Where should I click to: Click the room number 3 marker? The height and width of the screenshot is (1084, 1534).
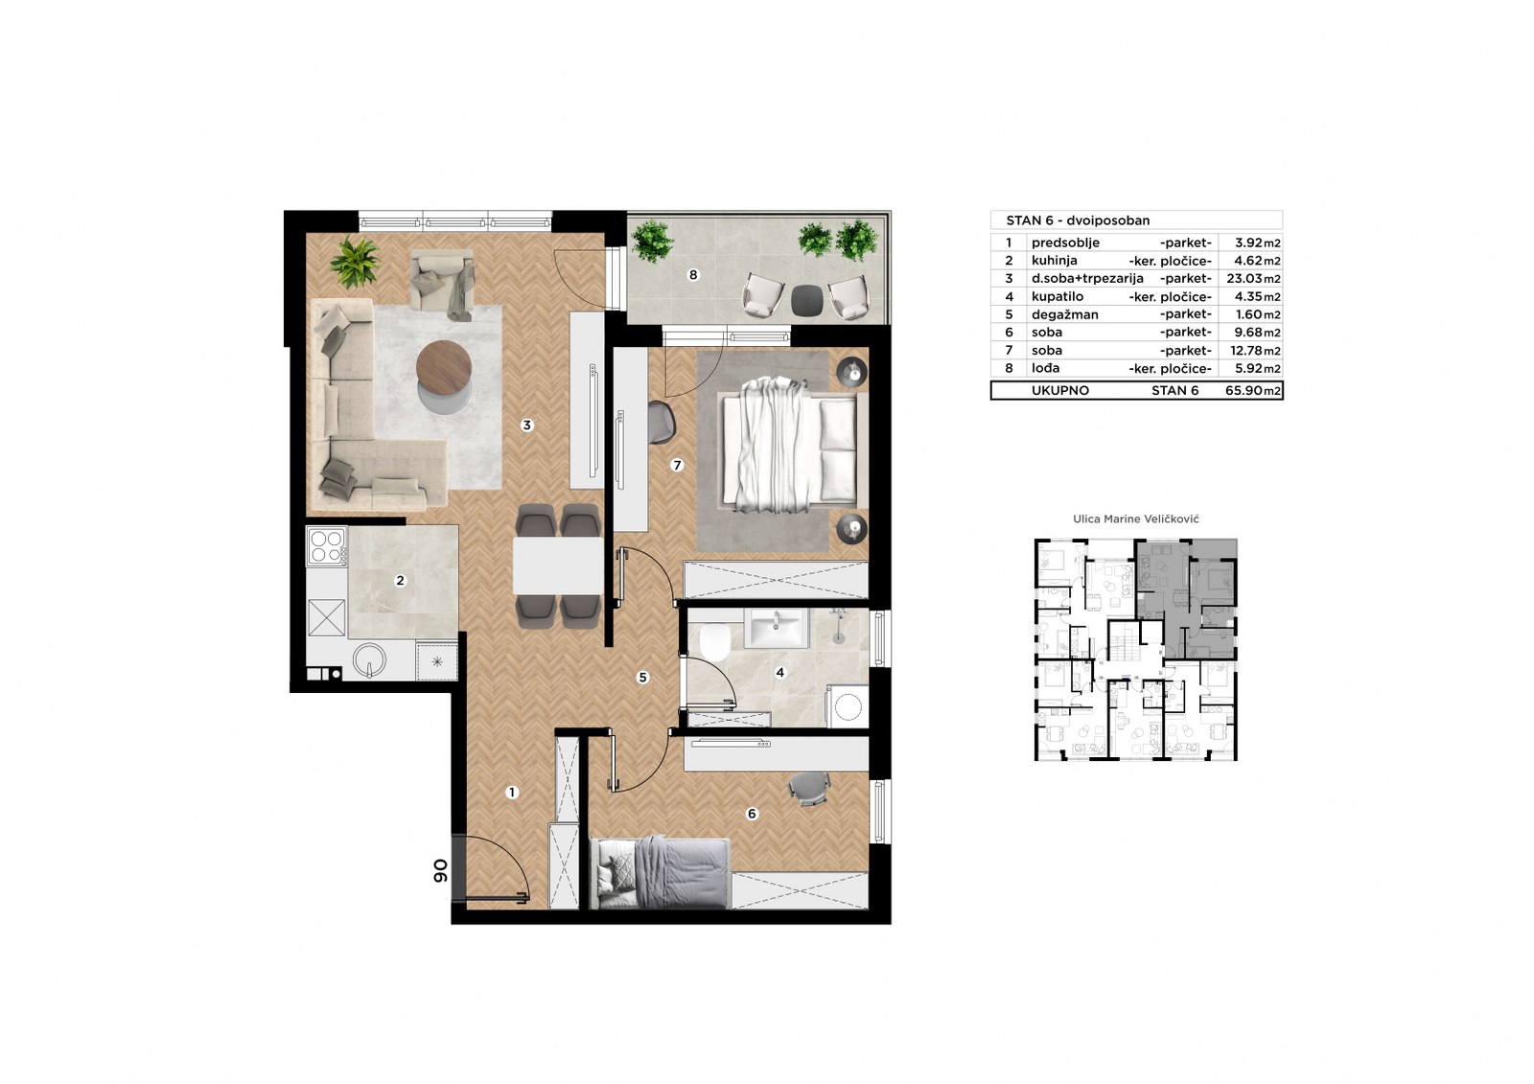(526, 426)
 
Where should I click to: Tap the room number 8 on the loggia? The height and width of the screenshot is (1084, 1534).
(693, 275)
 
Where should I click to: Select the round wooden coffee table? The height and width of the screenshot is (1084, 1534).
(444, 367)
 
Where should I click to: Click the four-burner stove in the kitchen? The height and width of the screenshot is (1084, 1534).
(327, 546)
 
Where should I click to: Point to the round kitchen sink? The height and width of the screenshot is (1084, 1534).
(369, 660)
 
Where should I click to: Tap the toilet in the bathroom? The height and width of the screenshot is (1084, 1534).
(715, 641)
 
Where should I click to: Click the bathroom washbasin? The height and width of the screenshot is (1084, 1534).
(777, 628)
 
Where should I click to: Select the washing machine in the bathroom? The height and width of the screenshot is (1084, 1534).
(848, 706)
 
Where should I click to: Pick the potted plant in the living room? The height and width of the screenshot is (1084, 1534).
(355, 262)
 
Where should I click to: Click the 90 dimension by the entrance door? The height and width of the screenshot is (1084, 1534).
(440, 870)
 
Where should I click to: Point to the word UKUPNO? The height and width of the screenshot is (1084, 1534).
(1060, 391)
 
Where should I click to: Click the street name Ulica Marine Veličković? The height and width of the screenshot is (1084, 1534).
(1136, 519)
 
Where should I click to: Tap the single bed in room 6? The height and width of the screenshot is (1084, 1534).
(661, 872)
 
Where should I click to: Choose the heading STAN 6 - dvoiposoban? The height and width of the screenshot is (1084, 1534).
(1078, 220)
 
